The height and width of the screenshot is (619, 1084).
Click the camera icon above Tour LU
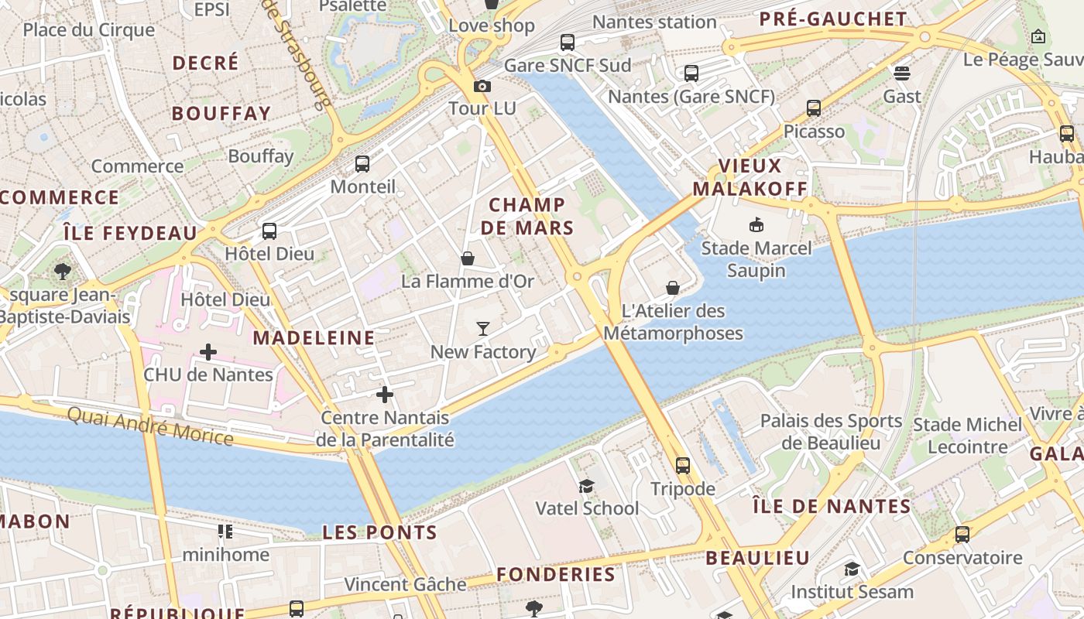[482, 86]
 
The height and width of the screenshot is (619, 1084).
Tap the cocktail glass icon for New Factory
[483, 329]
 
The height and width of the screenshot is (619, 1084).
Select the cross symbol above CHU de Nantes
[208, 352]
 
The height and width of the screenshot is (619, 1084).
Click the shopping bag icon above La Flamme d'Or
[468, 258]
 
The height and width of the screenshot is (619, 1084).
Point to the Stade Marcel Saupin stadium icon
[756, 225]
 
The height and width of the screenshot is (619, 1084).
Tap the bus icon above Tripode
[682, 465]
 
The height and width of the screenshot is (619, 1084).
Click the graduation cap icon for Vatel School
[587, 486]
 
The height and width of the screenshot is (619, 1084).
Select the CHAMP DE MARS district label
[527, 216]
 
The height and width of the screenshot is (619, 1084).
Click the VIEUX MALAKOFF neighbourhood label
[750, 177]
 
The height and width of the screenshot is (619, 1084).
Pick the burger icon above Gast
[901, 74]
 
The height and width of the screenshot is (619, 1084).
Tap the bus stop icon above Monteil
[362, 164]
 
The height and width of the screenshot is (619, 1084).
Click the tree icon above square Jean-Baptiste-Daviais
[63, 272]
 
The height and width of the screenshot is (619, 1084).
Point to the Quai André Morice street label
[149, 426]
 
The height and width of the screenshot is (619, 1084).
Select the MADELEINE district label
[314, 337]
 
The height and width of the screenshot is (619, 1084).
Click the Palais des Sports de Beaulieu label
[831, 432]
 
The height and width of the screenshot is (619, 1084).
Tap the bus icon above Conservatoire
[962, 535]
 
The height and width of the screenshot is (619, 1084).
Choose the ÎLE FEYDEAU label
[130, 233]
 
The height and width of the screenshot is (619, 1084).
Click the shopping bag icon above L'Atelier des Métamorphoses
[673, 288]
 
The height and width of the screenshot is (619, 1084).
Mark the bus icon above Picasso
[813, 108]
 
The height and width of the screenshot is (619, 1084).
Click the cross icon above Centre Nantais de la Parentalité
[385, 395]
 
